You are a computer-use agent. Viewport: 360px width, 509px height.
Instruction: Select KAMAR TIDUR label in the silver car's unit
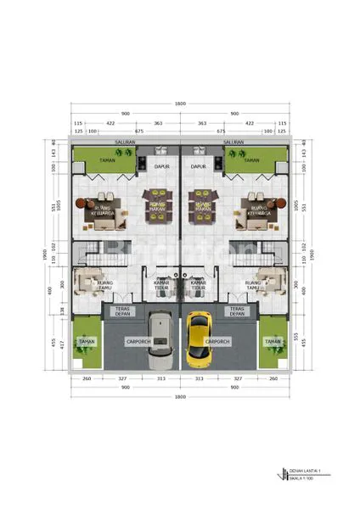click(x=162, y=287)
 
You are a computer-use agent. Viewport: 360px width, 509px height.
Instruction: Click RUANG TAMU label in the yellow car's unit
click(x=252, y=285)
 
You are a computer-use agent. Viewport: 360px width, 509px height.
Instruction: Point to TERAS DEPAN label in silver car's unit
click(x=123, y=311)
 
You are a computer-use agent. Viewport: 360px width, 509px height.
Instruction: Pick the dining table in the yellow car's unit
click(x=203, y=207)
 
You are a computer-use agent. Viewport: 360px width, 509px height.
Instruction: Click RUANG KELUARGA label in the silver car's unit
click(x=104, y=209)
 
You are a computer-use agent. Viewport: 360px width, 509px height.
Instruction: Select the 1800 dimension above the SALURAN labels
click(x=180, y=103)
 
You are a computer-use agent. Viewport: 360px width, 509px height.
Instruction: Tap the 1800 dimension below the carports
click(x=180, y=397)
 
